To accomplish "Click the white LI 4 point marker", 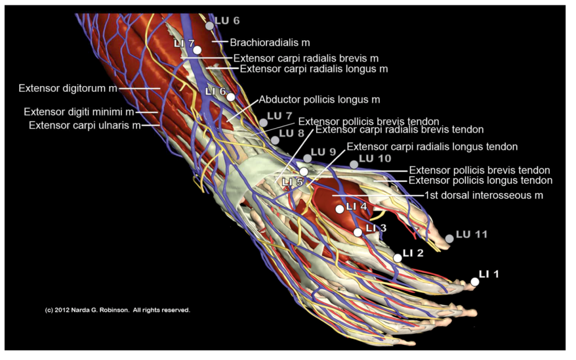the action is [x=340, y=209].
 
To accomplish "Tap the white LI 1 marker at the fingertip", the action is [x=474, y=282].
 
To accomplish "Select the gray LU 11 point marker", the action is [x=450, y=238].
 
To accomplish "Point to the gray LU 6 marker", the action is [x=209, y=26].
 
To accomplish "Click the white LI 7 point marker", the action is [x=197, y=50].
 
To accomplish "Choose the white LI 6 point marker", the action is [x=231, y=97].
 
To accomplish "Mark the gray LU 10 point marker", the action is [x=354, y=164].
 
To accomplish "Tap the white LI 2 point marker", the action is [x=398, y=258].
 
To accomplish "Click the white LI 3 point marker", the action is [x=358, y=232].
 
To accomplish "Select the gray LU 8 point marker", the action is [x=275, y=140].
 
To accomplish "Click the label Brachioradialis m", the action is [x=270, y=42].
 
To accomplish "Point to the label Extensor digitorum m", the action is [x=68, y=88].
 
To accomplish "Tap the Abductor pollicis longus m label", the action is [x=319, y=100].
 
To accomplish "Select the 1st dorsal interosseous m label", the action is [x=483, y=195].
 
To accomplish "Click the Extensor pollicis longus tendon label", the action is [x=480, y=180].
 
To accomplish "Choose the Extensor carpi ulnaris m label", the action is [x=85, y=125].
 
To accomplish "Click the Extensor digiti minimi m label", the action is [x=79, y=112].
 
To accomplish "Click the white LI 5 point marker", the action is [x=304, y=171].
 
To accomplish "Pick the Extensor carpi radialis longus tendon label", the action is [x=432, y=147].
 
